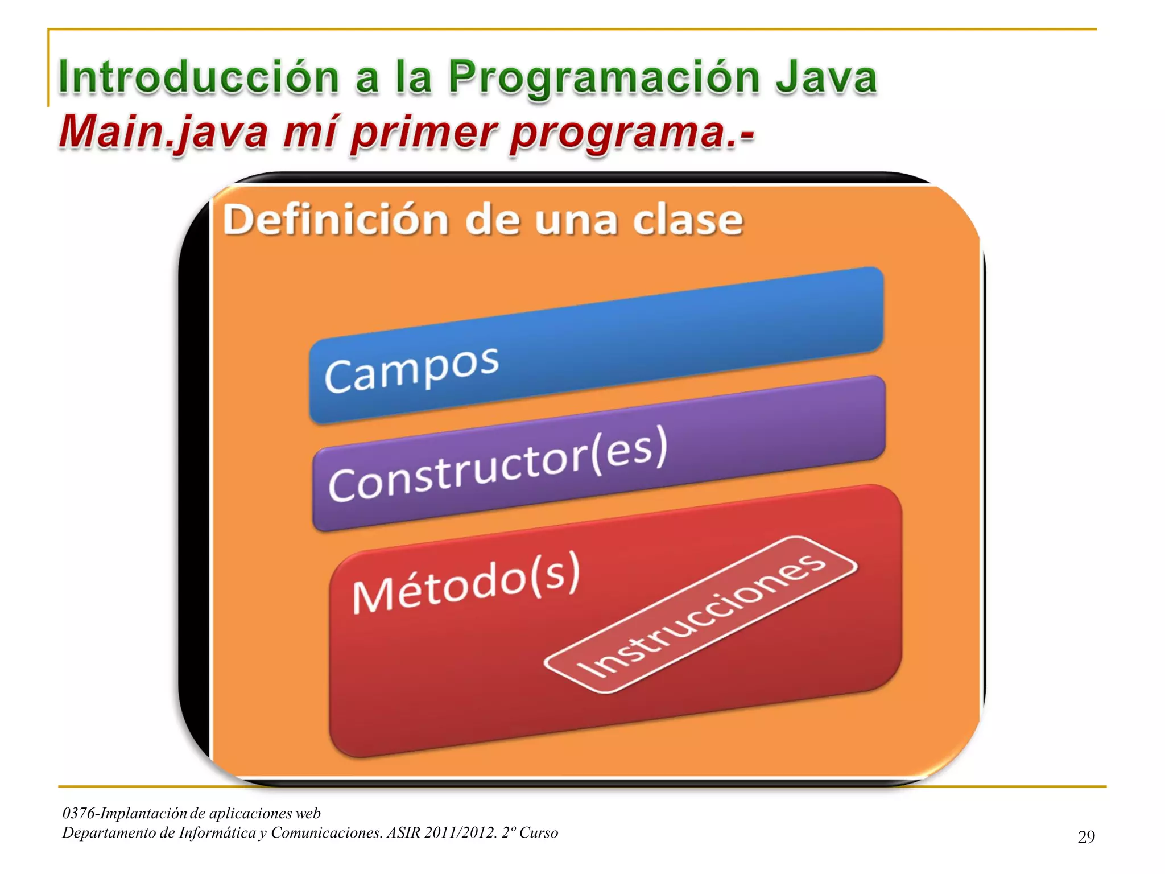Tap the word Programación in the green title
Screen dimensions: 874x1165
[x=604, y=78]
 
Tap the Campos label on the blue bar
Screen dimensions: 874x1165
[x=411, y=369]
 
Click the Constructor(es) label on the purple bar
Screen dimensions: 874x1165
[x=498, y=464]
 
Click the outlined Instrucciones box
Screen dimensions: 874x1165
[x=701, y=615]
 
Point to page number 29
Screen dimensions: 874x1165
[x=1086, y=836]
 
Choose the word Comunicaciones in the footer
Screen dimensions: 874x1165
[x=326, y=832]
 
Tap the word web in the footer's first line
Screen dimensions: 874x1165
[x=308, y=813]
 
